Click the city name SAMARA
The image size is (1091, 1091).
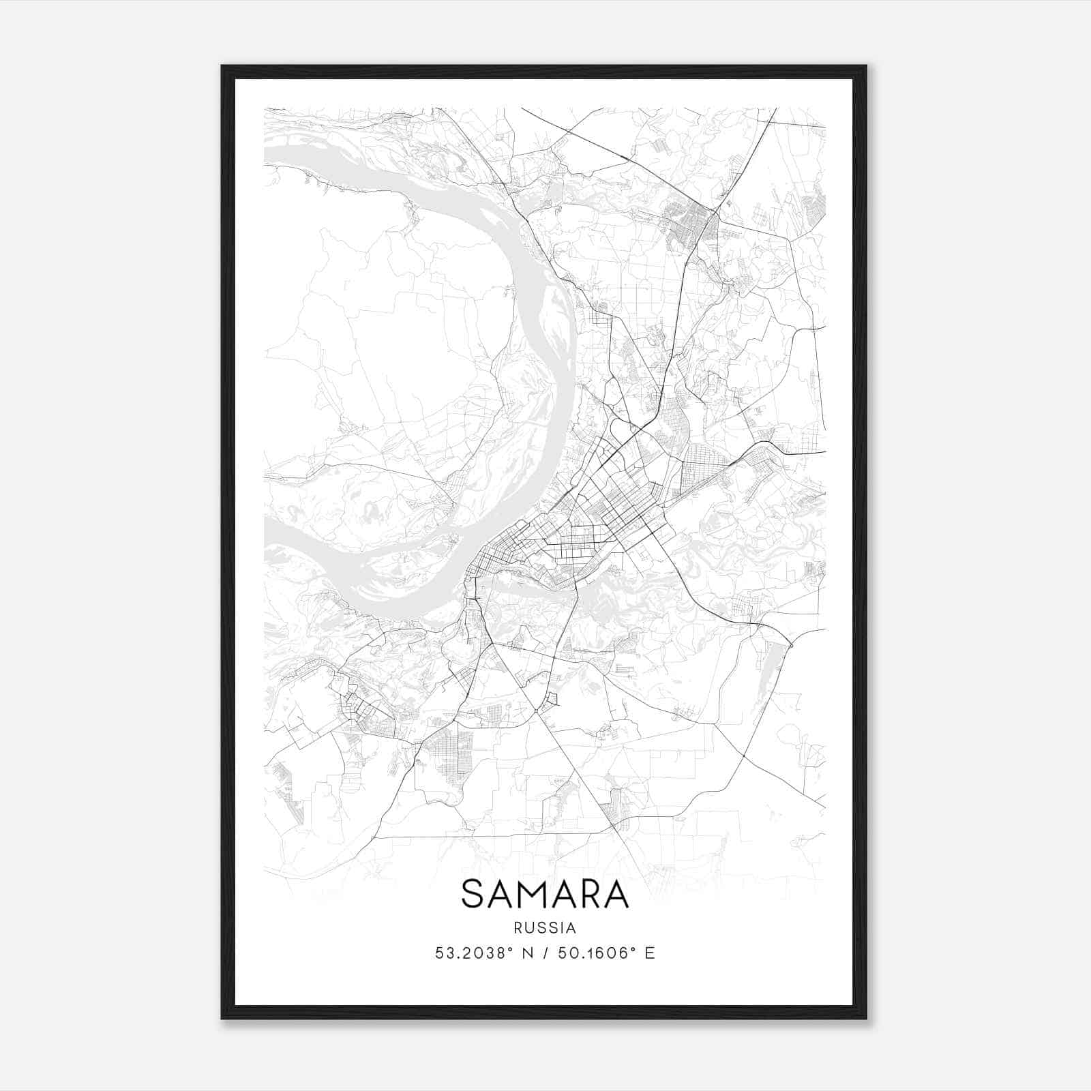pyautogui.click(x=545, y=895)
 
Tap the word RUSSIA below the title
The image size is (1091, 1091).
pyautogui.click(x=545, y=928)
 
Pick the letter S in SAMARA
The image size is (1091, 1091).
pyautogui.click(x=474, y=895)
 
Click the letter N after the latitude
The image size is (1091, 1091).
pyautogui.click(x=526, y=953)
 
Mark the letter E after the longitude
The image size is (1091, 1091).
pyautogui.click(x=650, y=953)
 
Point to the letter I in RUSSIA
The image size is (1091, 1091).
pyautogui.click(x=563, y=928)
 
